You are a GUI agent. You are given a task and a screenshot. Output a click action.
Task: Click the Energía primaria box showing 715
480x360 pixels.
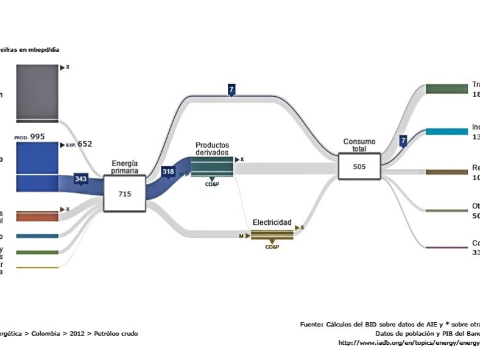click(x=124, y=193)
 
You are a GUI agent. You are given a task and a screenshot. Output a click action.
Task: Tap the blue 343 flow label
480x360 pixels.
click(x=81, y=179)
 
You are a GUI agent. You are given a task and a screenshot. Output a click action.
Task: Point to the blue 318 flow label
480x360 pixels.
click(x=169, y=172)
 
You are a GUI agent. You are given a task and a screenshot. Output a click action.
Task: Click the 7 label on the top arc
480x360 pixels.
click(x=231, y=90)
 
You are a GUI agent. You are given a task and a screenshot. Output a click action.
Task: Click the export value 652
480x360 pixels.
click(x=85, y=144)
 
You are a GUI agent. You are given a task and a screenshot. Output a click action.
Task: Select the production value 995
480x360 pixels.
click(x=37, y=136)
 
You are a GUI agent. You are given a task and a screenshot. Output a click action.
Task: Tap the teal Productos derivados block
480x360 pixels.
click(x=212, y=167)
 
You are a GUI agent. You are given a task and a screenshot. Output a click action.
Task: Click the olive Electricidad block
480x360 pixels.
click(x=272, y=235)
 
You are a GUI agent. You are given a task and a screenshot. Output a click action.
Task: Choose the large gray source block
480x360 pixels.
click(x=37, y=91)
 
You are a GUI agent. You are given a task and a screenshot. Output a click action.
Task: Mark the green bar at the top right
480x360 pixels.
click(x=446, y=89)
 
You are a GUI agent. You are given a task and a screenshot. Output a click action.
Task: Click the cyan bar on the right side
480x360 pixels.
click(x=446, y=132)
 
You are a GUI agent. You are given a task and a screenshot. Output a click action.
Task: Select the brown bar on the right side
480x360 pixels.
click(x=446, y=172)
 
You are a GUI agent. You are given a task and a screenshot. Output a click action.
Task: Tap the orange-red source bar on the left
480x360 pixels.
click(x=37, y=216)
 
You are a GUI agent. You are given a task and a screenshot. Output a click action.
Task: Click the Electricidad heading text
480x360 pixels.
click(x=272, y=222)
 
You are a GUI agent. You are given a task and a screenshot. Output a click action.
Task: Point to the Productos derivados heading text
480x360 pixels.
click(x=212, y=149)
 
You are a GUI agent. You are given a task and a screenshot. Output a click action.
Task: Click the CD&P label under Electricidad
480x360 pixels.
click(x=272, y=247)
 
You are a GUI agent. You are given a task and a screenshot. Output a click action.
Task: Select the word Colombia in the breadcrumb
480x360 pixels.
click(x=45, y=333)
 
